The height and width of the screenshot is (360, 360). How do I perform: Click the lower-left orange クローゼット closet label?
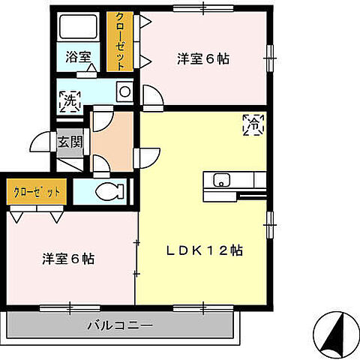click(35, 191)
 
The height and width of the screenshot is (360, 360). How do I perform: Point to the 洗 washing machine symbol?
click(69, 99)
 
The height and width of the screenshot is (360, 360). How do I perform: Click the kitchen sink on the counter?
click(220, 180)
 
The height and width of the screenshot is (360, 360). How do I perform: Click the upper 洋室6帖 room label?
click(203, 58)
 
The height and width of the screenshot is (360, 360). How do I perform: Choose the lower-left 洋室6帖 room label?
click(67, 259)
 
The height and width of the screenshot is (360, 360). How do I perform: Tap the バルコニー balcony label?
click(120, 325)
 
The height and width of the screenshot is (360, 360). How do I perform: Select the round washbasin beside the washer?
click(124, 92)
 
